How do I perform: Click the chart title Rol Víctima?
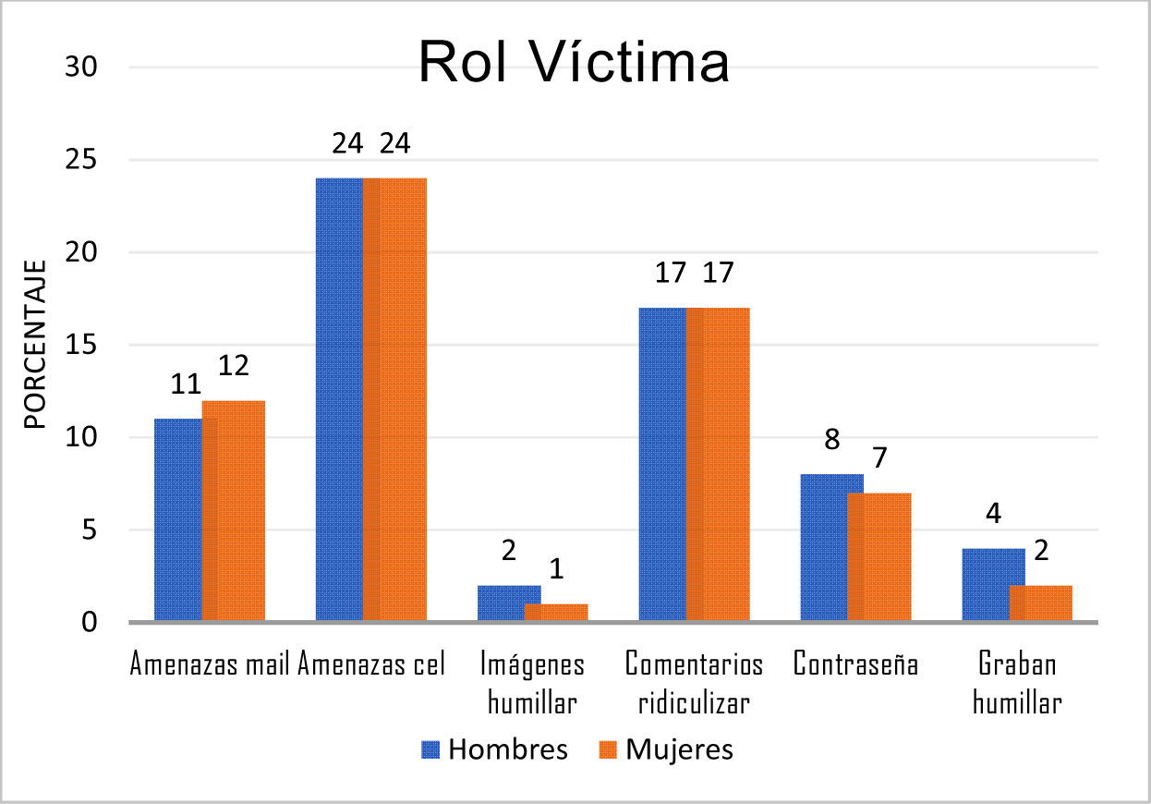(x=574, y=63)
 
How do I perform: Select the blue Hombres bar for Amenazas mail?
(x=177, y=519)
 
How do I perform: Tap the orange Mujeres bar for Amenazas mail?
(x=234, y=510)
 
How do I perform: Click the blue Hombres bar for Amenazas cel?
(x=339, y=399)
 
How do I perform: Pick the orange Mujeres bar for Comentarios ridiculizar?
(x=719, y=464)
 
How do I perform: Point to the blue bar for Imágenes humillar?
(x=500, y=603)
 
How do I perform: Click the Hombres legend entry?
(x=495, y=749)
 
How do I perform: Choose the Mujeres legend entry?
(x=667, y=749)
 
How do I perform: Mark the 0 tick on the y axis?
(x=90, y=622)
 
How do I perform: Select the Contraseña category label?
(x=855, y=664)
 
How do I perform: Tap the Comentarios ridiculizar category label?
(x=694, y=683)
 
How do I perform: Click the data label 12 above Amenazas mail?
(x=234, y=367)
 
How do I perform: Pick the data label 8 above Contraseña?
(x=831, y=439)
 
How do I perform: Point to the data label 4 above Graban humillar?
(x=994, y=514)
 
